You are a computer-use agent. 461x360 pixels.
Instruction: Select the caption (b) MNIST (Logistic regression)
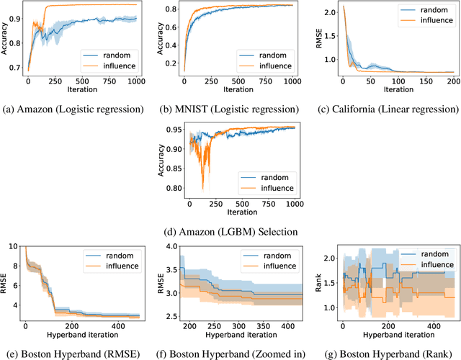[230, 109]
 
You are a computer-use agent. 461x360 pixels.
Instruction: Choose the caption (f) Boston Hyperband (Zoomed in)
[230, 354]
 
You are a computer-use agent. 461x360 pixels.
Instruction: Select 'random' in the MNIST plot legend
[264, 54]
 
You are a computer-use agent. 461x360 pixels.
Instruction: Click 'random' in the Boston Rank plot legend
[419, 253]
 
